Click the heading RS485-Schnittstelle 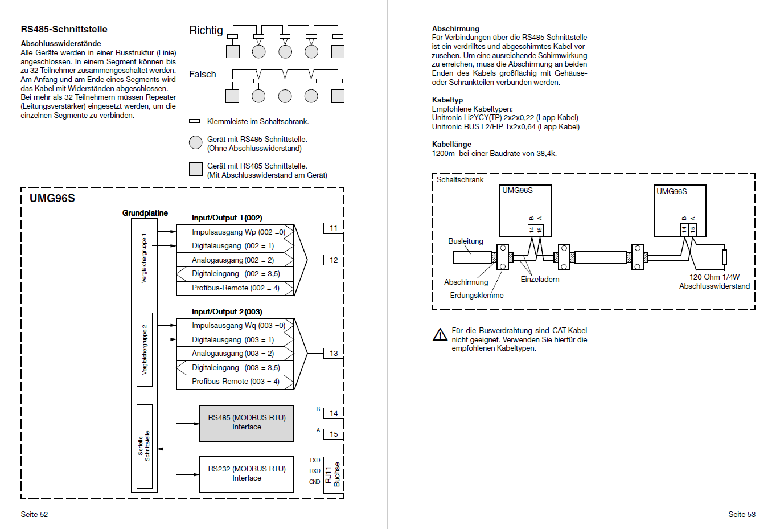point(64,29)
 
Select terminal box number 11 point(334,228)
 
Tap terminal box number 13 point(334,354)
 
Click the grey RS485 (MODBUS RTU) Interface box point(247,423)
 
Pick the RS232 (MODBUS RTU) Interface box point(247,474)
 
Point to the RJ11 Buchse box point(333,474)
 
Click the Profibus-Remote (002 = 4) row point(235,288)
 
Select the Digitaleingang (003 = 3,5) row point(235,367)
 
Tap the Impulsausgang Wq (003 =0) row point(235,325)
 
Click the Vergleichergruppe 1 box point(145,258)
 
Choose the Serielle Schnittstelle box point(145,446)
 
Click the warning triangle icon point(440,335)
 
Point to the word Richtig point(206,31)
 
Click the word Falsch point(202,74)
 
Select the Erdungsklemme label point(477,295)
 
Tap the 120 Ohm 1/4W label point(715,277)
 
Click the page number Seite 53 point(742,514)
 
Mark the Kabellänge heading point(451,145)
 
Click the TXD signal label point(315,460)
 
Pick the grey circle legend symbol point(196,142)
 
